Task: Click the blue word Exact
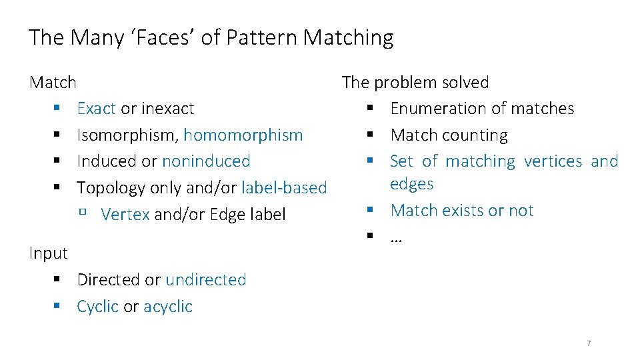click(96, 108)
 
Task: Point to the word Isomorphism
click(127, 135)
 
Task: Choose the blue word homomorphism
click(243, 135)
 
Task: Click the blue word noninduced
click(206, 161)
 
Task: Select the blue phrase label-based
click(284, 188)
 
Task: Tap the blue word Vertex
click(125, 214)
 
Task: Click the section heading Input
click(49, 253)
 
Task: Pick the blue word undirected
click(206, 279)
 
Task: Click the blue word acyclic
click(168, 307)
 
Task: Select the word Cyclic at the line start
click(98, 307)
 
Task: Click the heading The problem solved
click(415, 83)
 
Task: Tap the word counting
click(477, 135)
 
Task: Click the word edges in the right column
click(412, 184)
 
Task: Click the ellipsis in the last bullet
click(396, 237)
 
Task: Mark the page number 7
click(589, 343)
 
